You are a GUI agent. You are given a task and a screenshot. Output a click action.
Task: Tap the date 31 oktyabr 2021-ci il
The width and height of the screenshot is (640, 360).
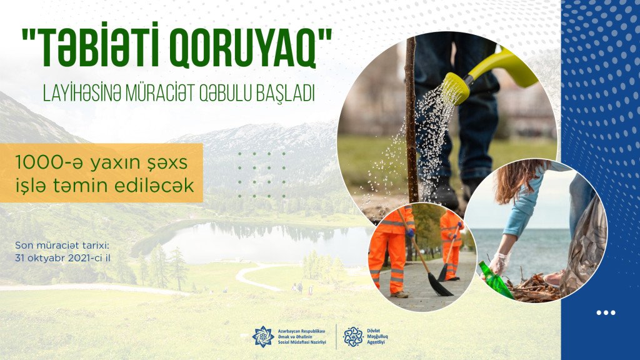tap(62, 258)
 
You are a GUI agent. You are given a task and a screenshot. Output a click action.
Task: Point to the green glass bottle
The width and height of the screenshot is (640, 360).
tap(496, 280)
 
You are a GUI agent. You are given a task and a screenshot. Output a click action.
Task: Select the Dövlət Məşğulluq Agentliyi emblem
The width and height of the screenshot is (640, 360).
tap(353, 337)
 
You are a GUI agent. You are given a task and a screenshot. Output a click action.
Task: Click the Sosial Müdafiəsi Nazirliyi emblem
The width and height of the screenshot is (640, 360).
tap(263, 337)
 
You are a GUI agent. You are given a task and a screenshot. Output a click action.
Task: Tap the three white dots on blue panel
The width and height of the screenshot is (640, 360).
tap(606, 313)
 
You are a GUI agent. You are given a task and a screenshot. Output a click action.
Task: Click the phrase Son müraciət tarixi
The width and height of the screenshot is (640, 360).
tap(62, 246)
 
